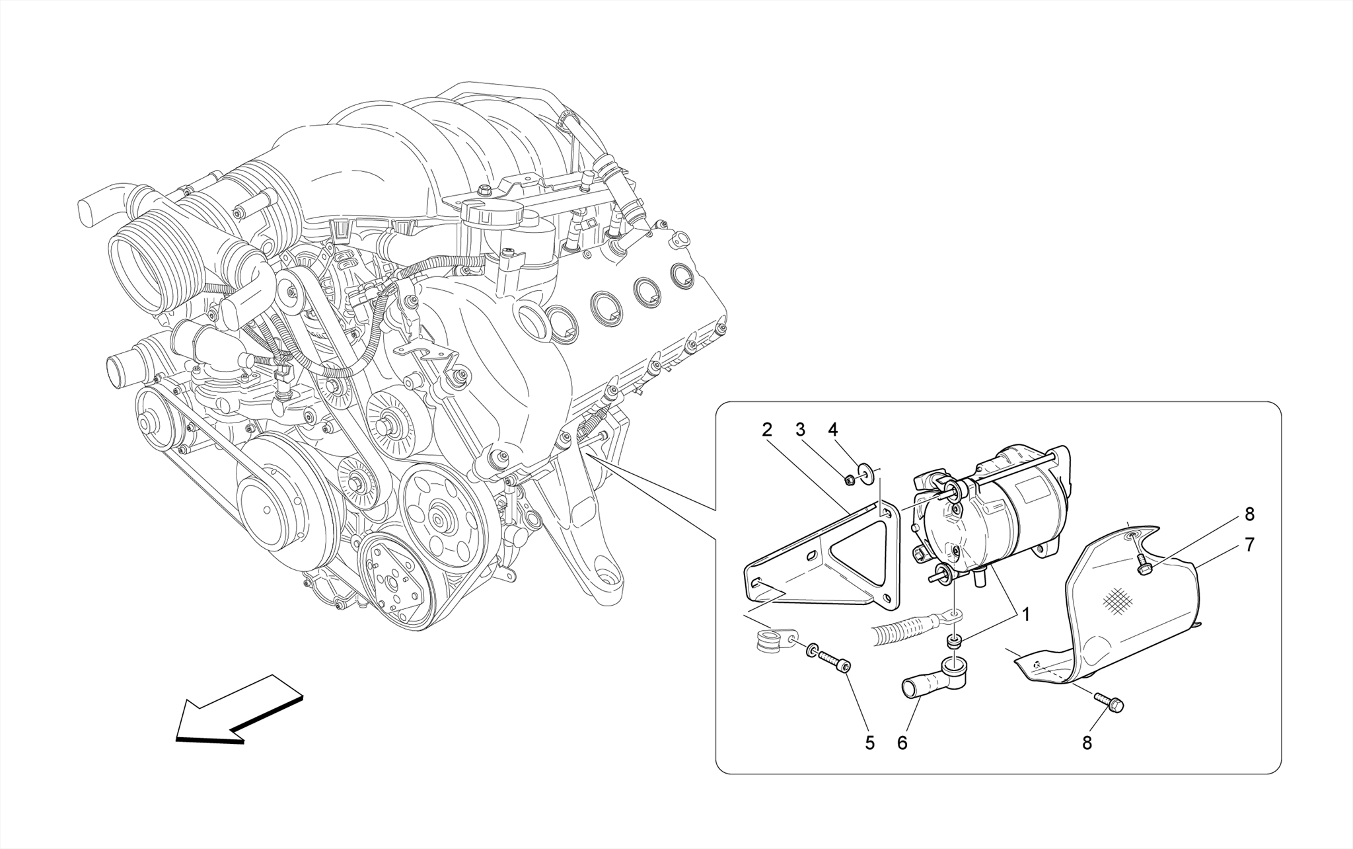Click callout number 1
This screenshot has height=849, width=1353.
point(1026,614)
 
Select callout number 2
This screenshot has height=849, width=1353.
point(766,430)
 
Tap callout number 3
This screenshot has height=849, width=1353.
point(801,430)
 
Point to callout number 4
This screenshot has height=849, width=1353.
point(833,430)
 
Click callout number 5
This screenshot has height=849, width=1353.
point(869,743)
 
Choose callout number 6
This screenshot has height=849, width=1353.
point(902,743)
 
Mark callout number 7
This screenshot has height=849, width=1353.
point(1249,544)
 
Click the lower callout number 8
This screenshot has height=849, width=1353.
point(1087,743)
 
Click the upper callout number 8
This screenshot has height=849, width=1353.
point(1249,514)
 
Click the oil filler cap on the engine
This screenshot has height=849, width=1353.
point(492,214)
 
